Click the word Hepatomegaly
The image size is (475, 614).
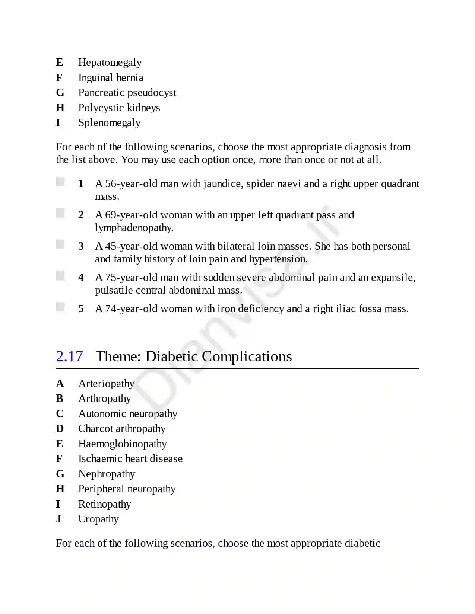(x=110, y=63)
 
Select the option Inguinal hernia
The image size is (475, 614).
(x=111, y=77)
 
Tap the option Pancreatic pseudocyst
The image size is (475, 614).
(x=127, y=93)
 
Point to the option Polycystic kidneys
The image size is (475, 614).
(x=119, y=108)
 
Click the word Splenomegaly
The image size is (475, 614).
(x=109, y=123)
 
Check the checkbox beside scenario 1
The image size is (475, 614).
(x=60, y=182)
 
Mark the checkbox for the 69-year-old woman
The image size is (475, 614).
(x=60, y=213)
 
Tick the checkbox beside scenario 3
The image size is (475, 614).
(x=60, y=244)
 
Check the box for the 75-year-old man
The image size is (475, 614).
(x=60, y=275)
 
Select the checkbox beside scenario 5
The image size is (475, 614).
(x=60, y=307)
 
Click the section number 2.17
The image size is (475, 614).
(x=69, y=356)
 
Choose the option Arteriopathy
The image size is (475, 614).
(x=106, y=384)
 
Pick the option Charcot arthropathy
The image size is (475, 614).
(x=122, y=429)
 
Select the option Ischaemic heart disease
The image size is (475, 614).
(x=130, y=459)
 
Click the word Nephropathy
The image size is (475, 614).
(x=107, y=474)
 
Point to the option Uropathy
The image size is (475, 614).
(x=98, y=519)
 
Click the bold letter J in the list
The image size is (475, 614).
(x=58, y=519)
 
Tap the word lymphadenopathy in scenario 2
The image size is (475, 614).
(x=134, y=228)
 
